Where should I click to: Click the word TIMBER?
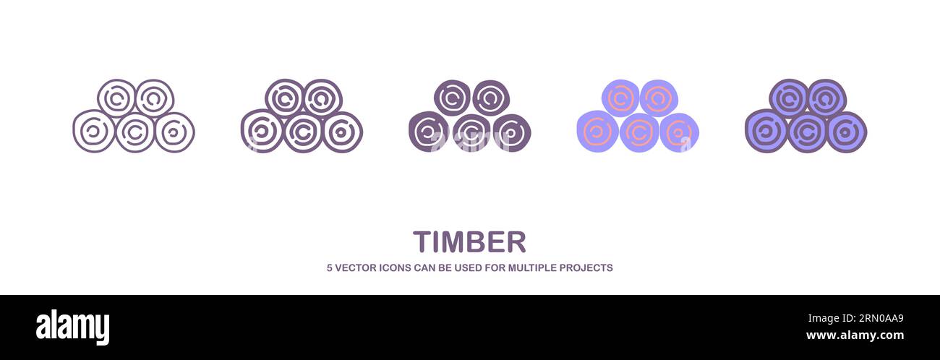pyautogui.click(x=469, y=242)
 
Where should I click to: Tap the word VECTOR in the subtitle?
pyautogui.click(x=356, y=267)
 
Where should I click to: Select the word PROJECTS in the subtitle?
pyautogui.click(x=586, y=267)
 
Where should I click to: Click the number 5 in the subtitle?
pyautogui.click(x=330, y=267)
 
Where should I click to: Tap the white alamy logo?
pyautogui.click(x=72, y=327)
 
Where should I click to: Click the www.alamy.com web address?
pyautogui.click(x=855, y=335)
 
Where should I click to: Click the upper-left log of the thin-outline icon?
pyautogui.click(x=116, y=98)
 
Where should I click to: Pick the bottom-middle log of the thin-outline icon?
pyautogui.click(x=134, y=132)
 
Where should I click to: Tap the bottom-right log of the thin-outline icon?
pyautogui.click(x=174, y=132)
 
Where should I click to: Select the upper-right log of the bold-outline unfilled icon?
pyautogui.click(x=322, y=98)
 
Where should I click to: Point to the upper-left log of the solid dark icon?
pyautogui.click(x=453, y=98)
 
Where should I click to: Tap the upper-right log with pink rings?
pyautogui.click(x=658, y=98)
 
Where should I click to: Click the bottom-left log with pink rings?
pyautogui.click(x=597, y=131)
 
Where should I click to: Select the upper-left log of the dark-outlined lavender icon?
pyautogui.click(x=788, y=98)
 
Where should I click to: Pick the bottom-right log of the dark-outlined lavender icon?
pyautogui.click(x=846, y=132)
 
